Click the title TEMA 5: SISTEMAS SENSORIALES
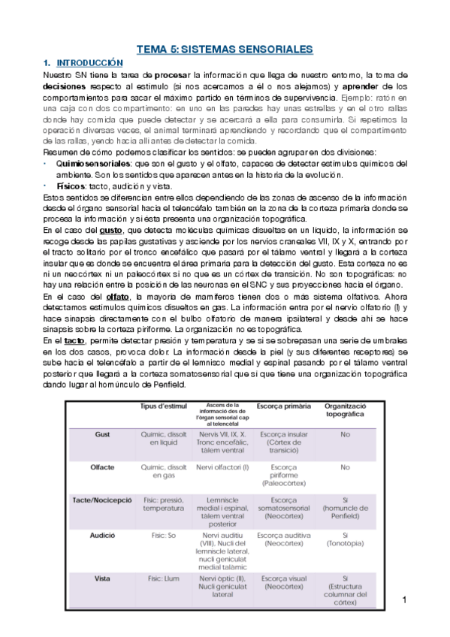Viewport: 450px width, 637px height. (x=224, y=50)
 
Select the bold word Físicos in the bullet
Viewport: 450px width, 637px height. (x=71, y=186)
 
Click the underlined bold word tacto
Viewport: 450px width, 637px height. (x=74, y=340)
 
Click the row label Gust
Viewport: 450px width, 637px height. (x=102, y=434)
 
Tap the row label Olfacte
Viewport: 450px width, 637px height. (x=102, y=466)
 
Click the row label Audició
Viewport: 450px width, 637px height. (x=102, y=536)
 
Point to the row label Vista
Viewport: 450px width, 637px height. (x=102, y=578)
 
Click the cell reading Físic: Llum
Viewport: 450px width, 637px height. (x=162, y=578)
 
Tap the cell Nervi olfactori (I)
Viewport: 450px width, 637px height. (x=223, y=466)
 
